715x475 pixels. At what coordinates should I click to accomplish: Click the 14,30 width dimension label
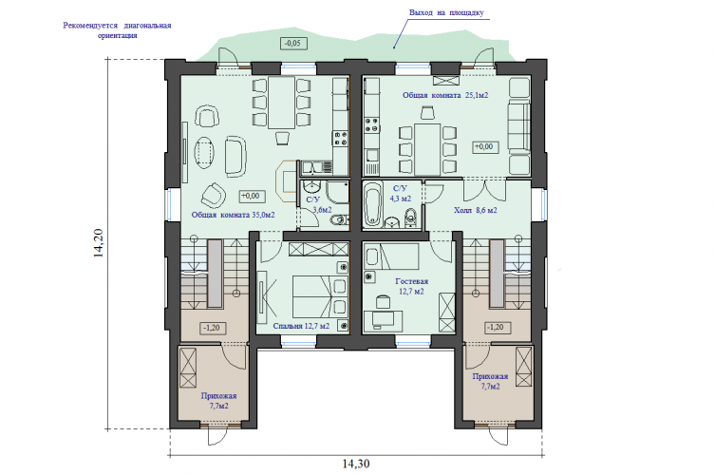tap(356, 464)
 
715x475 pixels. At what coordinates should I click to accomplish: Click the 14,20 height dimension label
tap(99, 243)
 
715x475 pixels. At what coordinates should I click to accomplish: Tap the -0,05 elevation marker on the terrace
tap(293, 44)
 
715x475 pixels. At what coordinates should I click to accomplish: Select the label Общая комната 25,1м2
tap(445, 95)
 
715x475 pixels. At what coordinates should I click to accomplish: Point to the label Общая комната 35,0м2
tap(233, 214)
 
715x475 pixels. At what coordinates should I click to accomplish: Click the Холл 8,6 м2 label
tap(475, 210)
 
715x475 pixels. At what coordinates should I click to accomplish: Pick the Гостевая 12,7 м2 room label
tap(411, 286)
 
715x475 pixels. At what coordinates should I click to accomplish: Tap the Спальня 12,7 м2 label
tap(301, 326)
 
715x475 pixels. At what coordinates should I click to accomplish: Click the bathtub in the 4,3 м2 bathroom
tap(373, 204)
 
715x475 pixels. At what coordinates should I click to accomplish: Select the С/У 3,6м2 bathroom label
tap(318, 205)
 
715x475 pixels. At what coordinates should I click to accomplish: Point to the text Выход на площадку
tap(446, 12)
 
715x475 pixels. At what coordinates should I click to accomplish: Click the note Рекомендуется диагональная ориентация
tap(117, 30)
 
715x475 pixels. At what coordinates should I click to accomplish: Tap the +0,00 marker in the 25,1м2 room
tap(485, 147)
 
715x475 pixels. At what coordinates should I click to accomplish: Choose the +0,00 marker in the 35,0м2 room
tap(252, 197)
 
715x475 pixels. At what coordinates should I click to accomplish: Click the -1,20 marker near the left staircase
tap(213, 328)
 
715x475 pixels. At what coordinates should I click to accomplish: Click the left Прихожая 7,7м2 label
tap(219, 401)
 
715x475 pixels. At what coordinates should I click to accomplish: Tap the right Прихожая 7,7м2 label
tap(490, 381)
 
